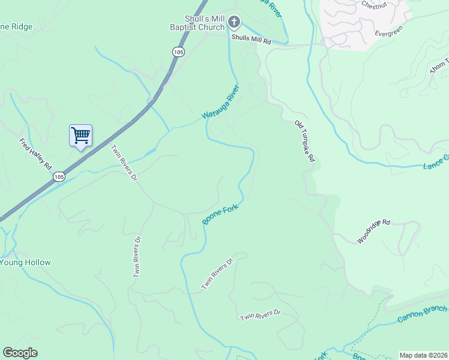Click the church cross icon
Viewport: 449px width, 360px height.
(234, 23)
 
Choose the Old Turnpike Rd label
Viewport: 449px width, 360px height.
(304, 142)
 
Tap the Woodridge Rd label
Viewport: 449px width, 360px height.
(373, 231)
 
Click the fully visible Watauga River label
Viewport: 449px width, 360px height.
(220, 102)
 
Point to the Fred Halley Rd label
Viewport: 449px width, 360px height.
(36, 154)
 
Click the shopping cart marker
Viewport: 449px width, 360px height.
(80, 135)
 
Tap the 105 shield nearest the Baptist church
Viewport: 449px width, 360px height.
(178, 52)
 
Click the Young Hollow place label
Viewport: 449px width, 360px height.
(25, 262)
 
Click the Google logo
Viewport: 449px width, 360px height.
(20, 353)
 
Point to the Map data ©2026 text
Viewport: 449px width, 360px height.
(423, 355)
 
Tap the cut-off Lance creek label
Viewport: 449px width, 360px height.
(436, 161)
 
